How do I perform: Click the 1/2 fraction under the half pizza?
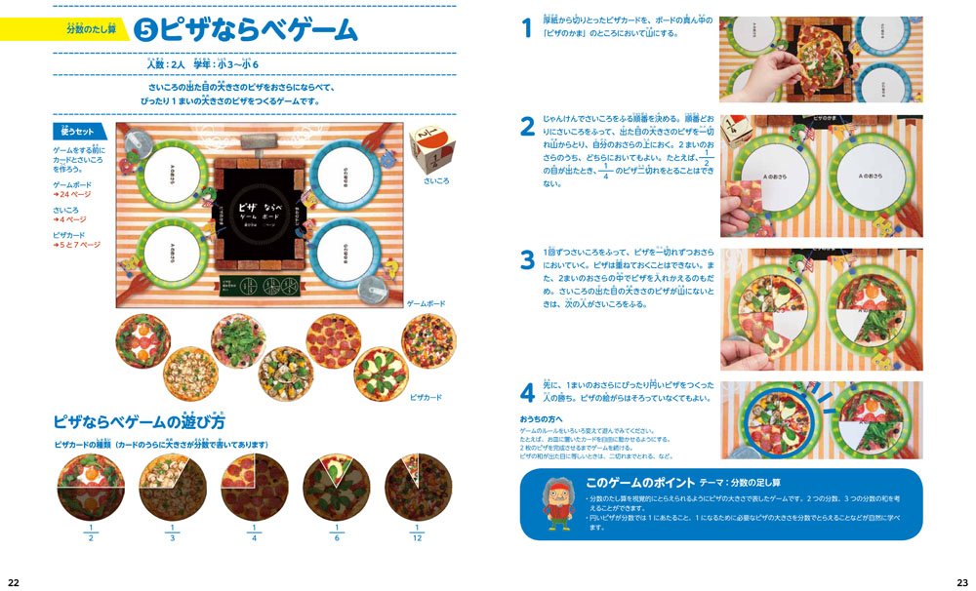click(91, 536)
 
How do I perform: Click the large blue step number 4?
click(527, 395)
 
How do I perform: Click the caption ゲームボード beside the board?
click(426, 305)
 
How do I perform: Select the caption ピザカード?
click(427, 398)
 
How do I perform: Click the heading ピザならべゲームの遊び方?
click(139, 423)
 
